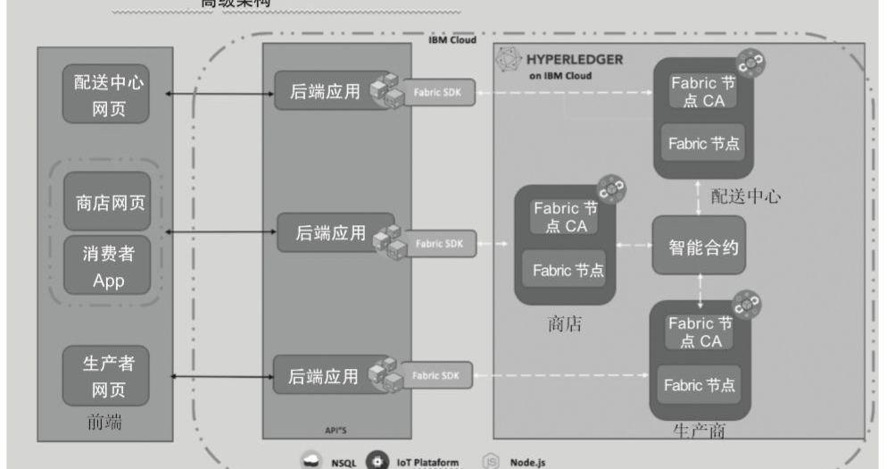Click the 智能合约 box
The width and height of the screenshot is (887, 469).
coord(698,245)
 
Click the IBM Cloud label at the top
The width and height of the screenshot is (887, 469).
coord(452,41)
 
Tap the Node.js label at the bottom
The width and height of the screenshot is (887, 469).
coord(527,462)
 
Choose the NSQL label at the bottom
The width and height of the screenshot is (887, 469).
coord(344,462)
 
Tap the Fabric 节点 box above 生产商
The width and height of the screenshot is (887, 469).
coord(699,385)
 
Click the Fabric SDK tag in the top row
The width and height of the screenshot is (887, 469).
coord(436,92)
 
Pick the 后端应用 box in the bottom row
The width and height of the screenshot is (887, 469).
coord(323,376)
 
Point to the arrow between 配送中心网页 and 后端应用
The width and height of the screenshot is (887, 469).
coord(215,93)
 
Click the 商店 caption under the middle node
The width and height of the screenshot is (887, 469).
coord(564,323)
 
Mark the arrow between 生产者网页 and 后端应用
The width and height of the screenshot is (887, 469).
coord(215,376)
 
